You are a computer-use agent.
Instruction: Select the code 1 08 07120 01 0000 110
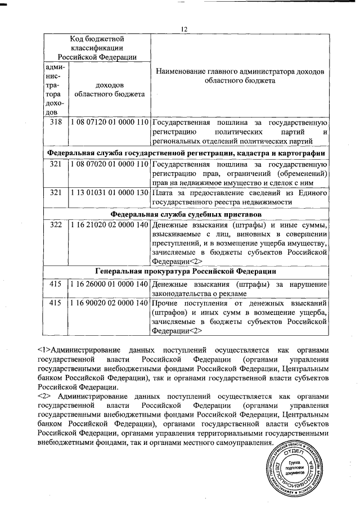109,122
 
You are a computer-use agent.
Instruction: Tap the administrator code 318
55,122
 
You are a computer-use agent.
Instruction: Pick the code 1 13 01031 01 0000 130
109,193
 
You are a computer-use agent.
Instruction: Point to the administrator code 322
55,226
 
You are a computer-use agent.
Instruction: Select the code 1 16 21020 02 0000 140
109,226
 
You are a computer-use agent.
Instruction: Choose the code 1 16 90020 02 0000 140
109,303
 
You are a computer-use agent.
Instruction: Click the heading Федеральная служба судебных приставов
185,214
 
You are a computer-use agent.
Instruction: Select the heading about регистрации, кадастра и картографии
185,152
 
